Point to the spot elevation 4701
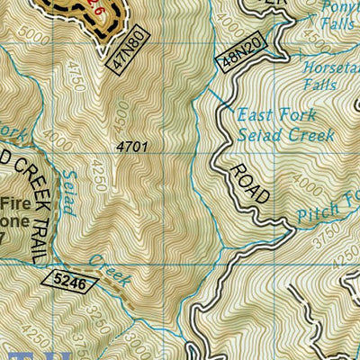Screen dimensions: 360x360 coord(132,145)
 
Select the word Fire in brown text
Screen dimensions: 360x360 coord(13,203)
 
